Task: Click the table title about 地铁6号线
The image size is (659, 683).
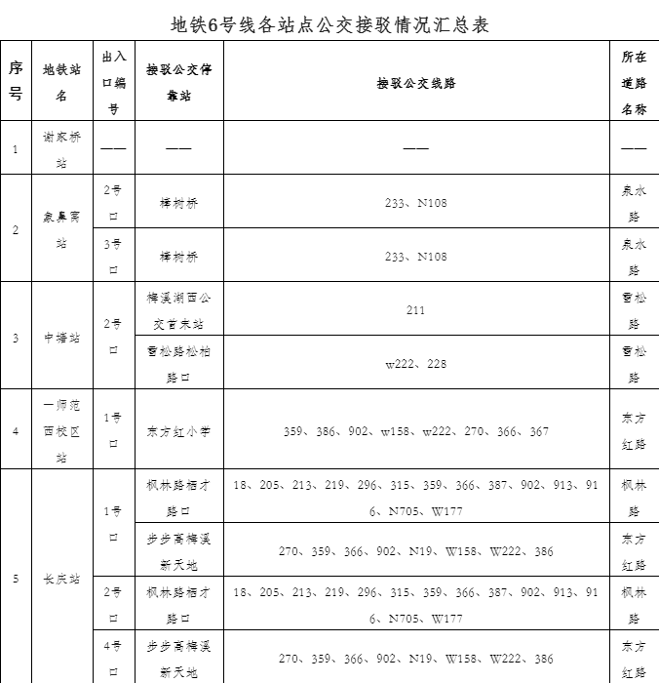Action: [x=329, y=24]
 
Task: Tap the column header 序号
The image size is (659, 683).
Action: [x=16, y=81]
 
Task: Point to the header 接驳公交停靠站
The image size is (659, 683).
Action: [x=178, y=83]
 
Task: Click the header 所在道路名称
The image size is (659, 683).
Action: [x=634, y=83]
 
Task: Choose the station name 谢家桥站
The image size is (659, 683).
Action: [x=62, y=149]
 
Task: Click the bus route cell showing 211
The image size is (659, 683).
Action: [x=416, y=310]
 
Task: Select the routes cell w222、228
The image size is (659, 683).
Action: [x=416, y=364]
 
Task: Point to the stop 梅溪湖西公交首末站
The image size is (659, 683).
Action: [x=178, y=310]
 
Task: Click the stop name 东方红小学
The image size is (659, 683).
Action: [x=178, y=430]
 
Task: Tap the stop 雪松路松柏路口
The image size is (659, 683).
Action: [x=178, y=364]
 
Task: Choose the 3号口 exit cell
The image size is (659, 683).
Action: [x=113, y=257]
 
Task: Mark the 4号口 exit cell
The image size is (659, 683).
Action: [x=113, y=659]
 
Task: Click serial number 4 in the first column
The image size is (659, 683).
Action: [x=16, y=430]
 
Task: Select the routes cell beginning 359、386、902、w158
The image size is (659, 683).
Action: [x=416, y=430]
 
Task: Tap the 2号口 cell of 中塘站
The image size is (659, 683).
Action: [x=113, y=337]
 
